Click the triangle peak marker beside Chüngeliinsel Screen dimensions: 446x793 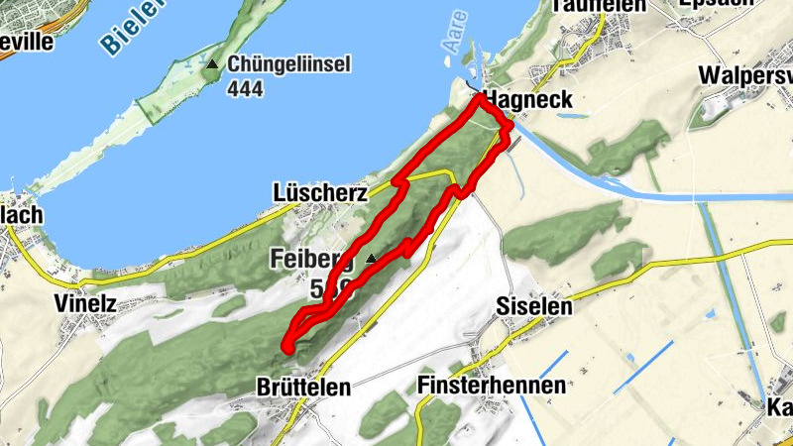(211, 64)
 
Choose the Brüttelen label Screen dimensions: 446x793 (303, 388)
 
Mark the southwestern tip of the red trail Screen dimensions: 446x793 (287, 346)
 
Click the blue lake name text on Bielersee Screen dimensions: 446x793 (129, 25)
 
